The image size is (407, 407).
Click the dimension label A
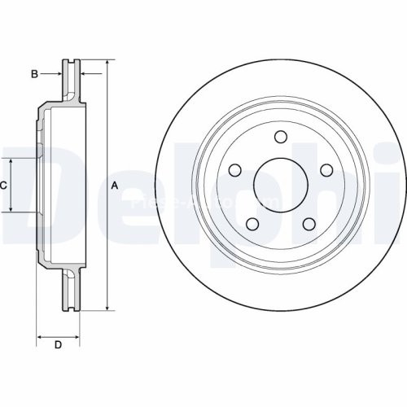point(115,186)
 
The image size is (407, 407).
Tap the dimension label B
point(34,74)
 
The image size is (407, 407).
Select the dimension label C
point(4,186)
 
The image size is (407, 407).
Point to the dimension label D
point(58,345)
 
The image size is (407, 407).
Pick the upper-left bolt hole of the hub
point(234,170)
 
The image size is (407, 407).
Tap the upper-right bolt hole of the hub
point(327,170)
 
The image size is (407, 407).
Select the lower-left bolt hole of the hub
point(252,225)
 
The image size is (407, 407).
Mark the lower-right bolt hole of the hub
point(309,225)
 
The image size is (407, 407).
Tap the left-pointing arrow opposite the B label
point(84,74)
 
